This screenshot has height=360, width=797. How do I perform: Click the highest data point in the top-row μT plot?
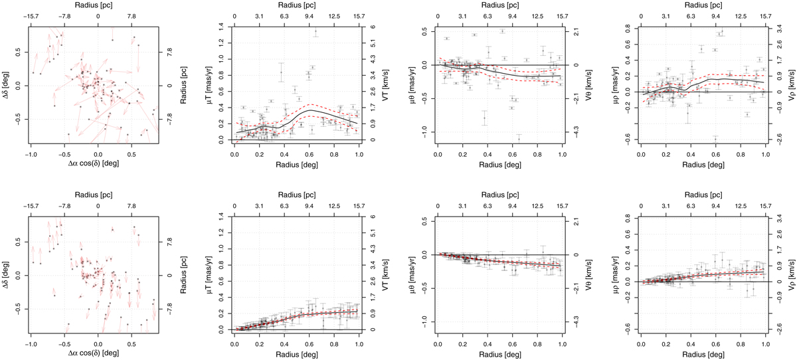tap(316, 31)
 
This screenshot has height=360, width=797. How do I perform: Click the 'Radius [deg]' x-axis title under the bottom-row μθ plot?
tap(499, 353)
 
